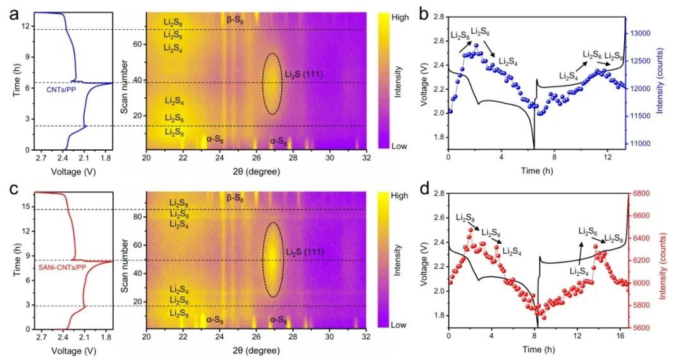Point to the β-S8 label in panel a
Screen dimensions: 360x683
tap(235, 20)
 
